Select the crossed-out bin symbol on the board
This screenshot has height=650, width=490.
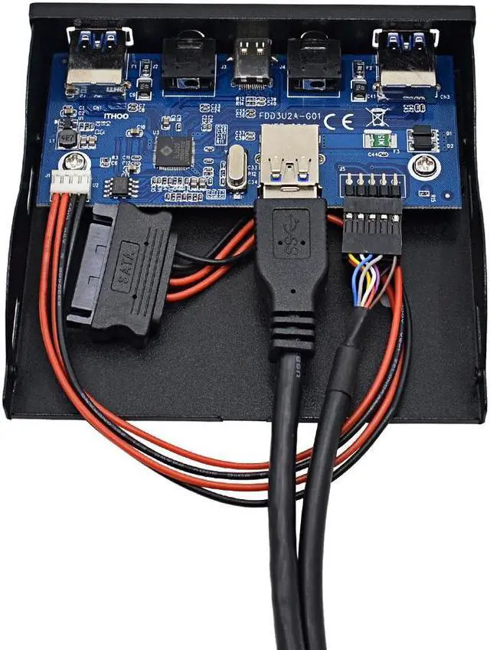pyautogui.click(x=375, y=117)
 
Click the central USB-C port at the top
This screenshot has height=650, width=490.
pyautogui.click(x=250, y=63)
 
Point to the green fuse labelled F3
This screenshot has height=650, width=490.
pyautogui.click(x=377, y=139)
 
